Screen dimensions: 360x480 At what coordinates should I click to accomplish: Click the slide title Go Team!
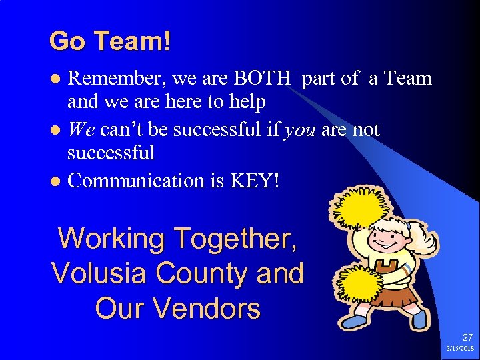click(x=110, y=41)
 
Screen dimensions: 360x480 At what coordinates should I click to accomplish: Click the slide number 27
click(x=467, y=338)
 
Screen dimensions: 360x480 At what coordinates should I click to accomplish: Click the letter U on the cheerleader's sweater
click(x=387, y=267)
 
